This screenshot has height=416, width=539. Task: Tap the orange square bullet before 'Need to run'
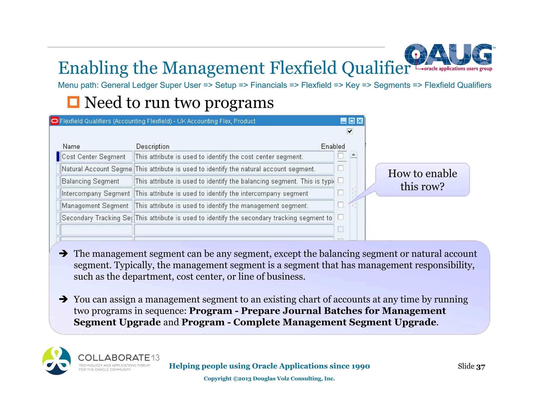coord(73,102)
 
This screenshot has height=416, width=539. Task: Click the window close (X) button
coord(360,121)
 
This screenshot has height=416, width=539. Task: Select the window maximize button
coord(352,121)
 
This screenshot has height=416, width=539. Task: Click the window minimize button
coord(343,121)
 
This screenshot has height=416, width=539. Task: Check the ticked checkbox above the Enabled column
coord(350,131)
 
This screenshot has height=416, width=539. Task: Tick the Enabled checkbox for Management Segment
coord(341,205)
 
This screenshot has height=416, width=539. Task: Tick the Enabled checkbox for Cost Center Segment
coord(341,156)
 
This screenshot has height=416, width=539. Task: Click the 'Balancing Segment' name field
coord(96,181)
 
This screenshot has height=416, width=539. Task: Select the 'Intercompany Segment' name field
coord(96,194)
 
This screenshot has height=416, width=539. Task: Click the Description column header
coord(153,146)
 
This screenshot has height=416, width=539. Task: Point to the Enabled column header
coord(333,146)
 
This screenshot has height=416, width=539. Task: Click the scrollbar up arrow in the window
coord(354,155)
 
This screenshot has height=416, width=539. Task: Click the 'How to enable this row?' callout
coord(422,180)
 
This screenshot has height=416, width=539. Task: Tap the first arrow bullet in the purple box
coord(63,253)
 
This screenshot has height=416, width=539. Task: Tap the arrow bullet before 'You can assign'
coord(63,299)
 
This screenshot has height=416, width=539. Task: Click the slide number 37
coord(481,367)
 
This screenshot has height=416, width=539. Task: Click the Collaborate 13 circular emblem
coord(57,361)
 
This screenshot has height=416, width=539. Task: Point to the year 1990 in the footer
coord(361,366)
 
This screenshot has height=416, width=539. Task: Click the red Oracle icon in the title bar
coord(54,121)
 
